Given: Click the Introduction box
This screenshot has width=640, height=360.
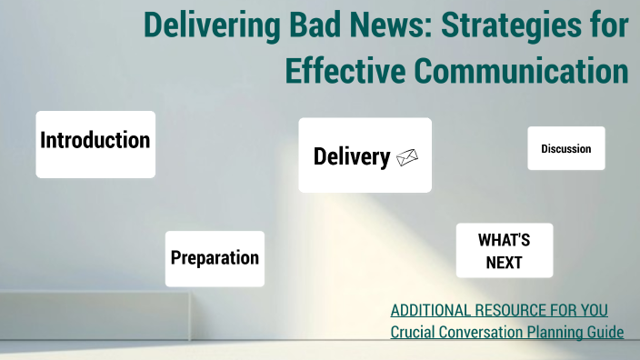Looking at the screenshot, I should [95, 144].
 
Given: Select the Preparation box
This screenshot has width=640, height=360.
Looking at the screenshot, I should [215, 258].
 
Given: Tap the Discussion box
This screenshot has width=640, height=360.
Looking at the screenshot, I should [565, 148].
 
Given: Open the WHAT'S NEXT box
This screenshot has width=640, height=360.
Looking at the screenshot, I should [504, 251].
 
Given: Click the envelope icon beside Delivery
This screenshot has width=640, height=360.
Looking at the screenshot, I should [406, 157].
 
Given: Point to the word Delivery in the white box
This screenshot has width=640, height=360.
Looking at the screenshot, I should [351, 156].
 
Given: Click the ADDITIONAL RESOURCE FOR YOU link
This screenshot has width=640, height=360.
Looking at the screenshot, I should [499, 310].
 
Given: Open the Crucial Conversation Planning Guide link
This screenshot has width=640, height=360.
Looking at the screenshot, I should [506, 332].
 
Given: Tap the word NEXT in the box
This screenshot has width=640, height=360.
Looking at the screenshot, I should [504, 263].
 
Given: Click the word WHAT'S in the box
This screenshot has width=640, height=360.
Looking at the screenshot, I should [504, 240].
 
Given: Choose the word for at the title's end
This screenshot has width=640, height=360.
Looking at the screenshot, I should [608, 25].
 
